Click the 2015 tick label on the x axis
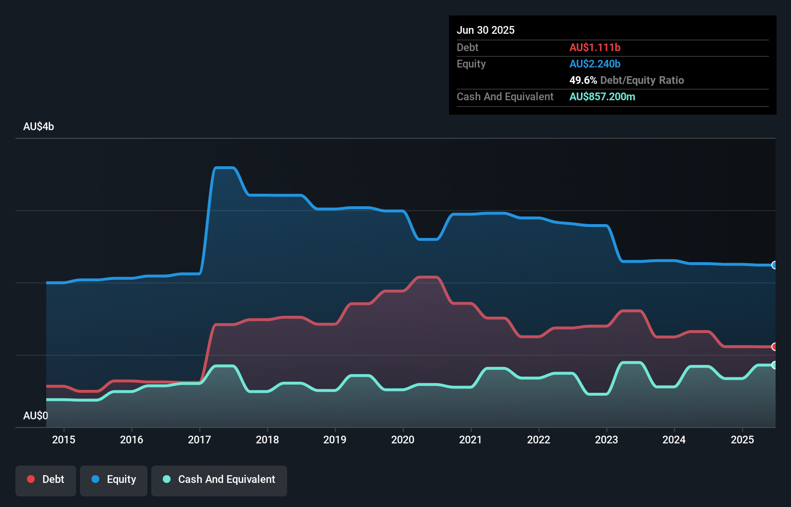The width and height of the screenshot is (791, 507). (x=64, y=440)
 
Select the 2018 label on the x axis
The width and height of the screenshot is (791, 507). (x=267, y=440)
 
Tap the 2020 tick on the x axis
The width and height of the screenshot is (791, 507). (x=403, y=440)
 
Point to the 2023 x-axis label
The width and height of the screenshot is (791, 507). (x=606, y=440)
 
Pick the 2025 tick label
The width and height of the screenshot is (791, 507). (x=742, y=440)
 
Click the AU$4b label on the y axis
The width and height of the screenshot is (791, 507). (x=39, y=127)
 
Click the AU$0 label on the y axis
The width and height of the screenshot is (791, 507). (x=36, y=415)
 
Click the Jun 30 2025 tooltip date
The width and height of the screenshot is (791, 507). (x=486, y=30)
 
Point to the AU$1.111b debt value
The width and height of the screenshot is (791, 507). (x=595, y=47)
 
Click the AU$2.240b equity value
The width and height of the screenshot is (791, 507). (x=595, y=64)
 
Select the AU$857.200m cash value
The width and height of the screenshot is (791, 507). (x=602, y=96)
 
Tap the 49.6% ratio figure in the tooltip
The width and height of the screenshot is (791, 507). (x=583, y=80)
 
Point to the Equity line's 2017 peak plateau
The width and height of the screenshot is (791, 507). (x=224, y=168)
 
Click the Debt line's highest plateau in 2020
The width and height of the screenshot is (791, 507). (x=428, y=277)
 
